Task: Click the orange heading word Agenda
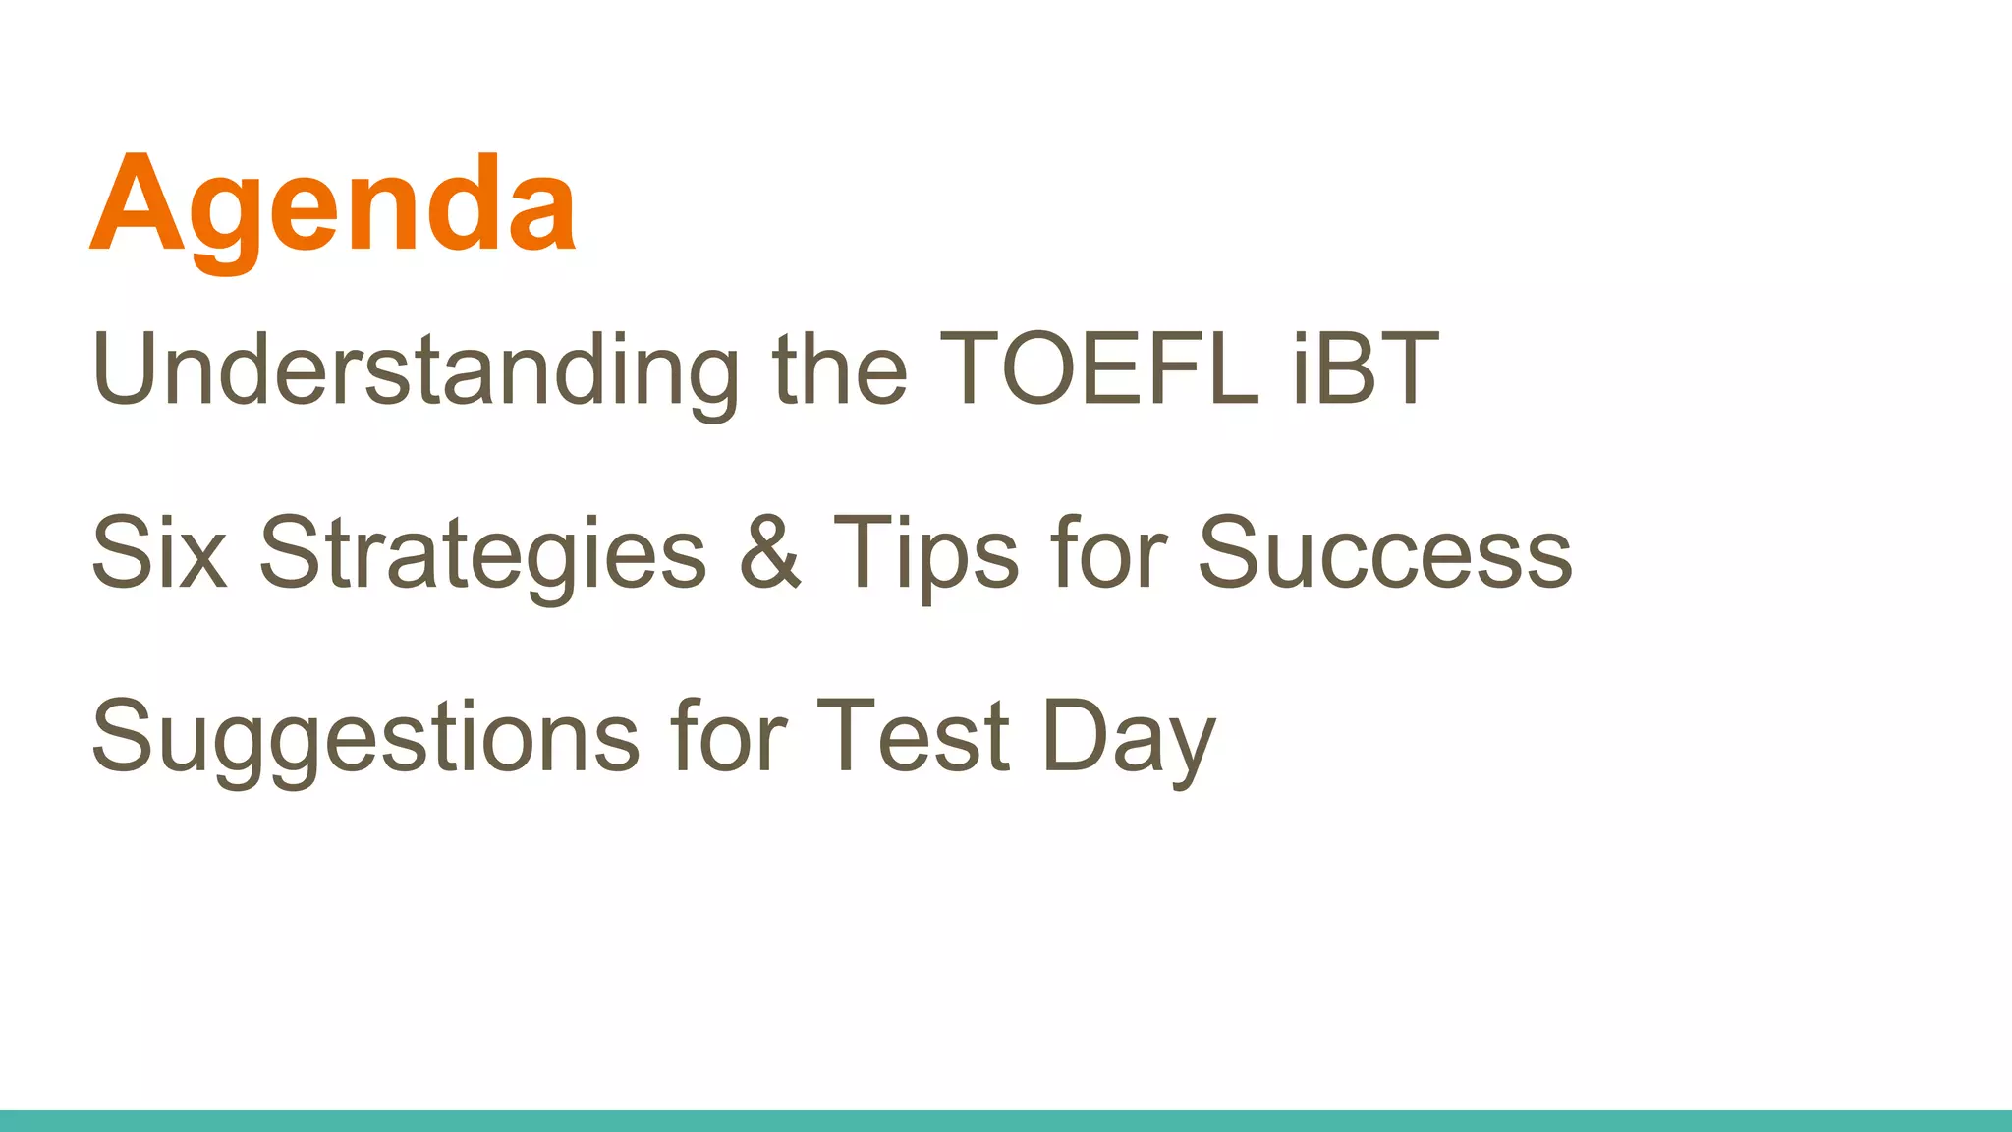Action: point(332,206)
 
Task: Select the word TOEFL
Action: point(1098,368)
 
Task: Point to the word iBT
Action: point(1366,368)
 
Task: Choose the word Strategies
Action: point(481,555)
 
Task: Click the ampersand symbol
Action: point(770,552)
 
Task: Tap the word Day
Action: point(1129,739)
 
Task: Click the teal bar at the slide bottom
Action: point(1006,1121)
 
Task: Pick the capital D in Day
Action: point(1074,736)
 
